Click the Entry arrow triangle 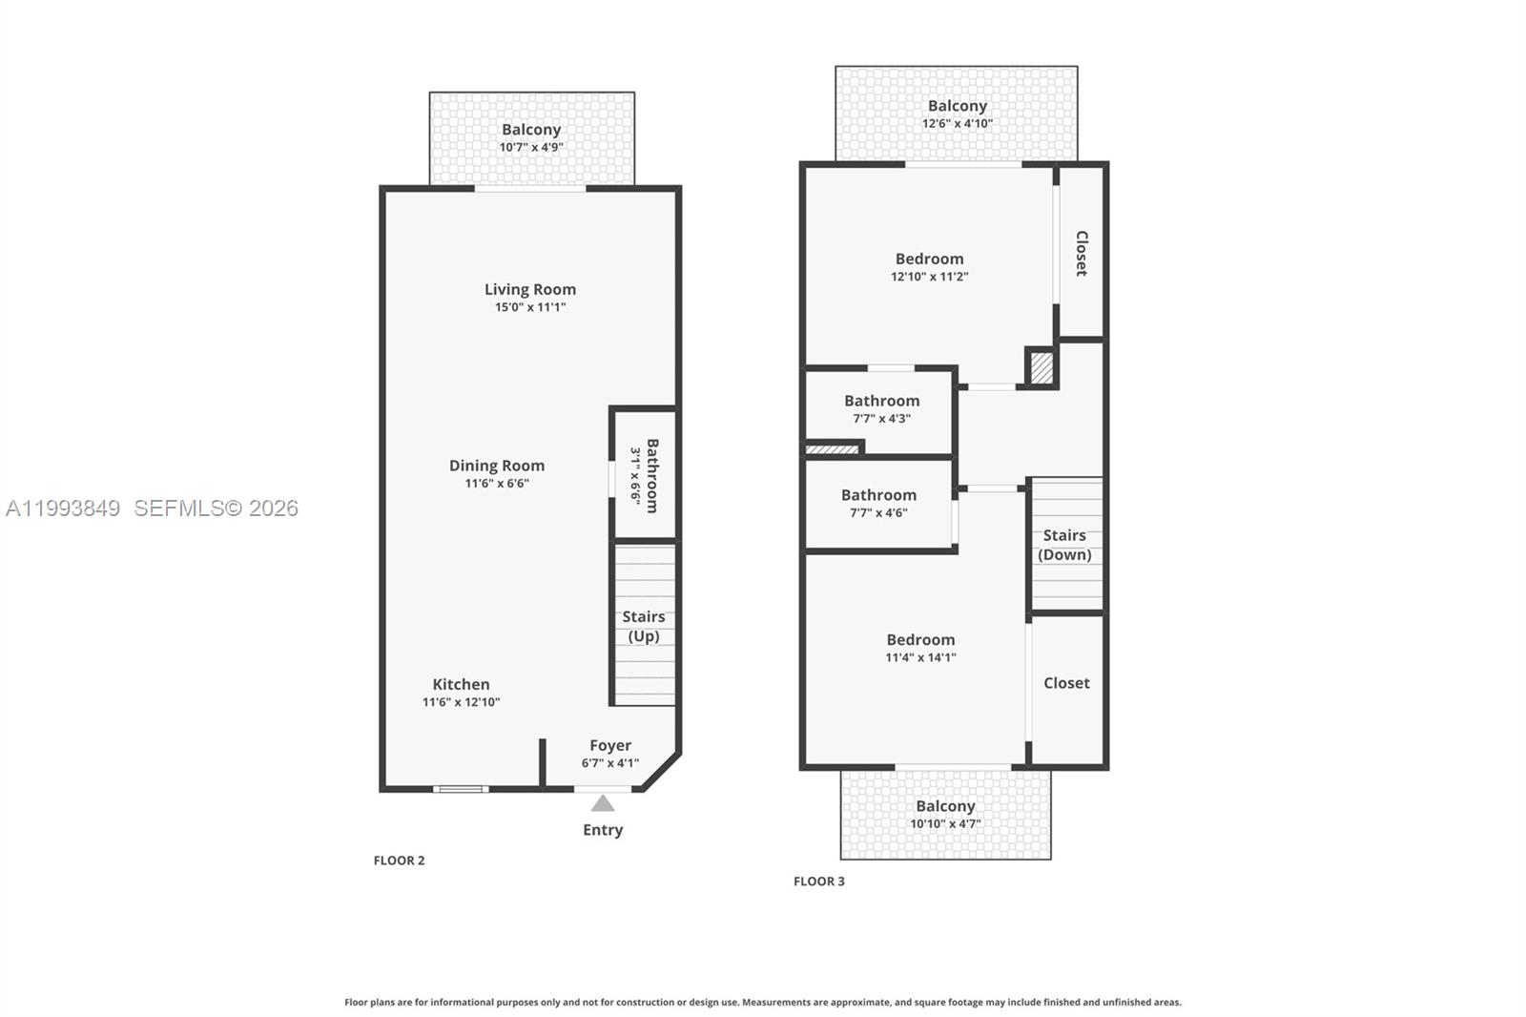coord(603,803)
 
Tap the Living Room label coord(529,289)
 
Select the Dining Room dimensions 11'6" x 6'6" coord(497,484)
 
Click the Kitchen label coord(461,684)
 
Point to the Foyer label coord(610,745)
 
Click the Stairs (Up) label coord(644,627)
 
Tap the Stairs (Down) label coord(1064,545)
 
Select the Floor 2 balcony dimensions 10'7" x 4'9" coord(531,148)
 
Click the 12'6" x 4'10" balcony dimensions coord(957,124)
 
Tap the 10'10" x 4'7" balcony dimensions coord(945,824)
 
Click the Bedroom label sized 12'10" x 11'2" coord(929,259)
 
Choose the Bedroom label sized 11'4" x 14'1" coord(920,639)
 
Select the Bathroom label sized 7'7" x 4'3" coord(881,401)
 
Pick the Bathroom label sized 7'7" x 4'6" coord(878,494)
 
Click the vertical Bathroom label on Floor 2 coord(652,475)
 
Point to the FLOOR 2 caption coord(399,861)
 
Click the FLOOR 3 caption coord(818,882)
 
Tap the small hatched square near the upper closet coord(1041,368)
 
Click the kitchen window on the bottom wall coord(461,789)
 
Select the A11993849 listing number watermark coord(63,508)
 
